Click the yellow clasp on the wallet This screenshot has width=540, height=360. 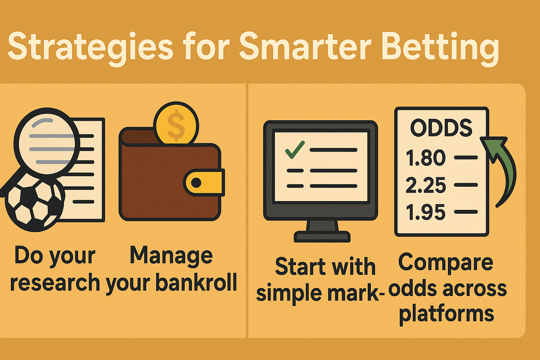(x=204, y=182)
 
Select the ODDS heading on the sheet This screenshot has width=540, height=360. (x=441, y=128)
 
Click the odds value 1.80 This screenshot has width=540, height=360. (x=426, y=158)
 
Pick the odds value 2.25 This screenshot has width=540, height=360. (x=426, y=185)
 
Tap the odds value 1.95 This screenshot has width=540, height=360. (x=426, y=212)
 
